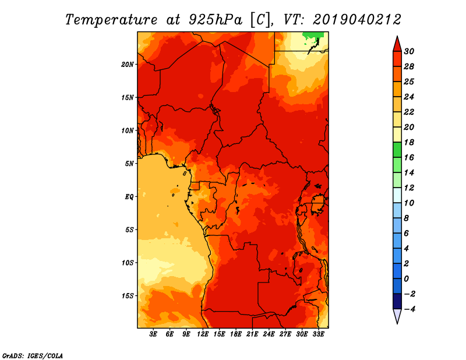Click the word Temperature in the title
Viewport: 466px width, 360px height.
[111, 20]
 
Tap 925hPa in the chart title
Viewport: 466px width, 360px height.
[215, 20]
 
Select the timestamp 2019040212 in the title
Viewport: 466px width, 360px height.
[357, 20]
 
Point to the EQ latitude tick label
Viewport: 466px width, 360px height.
[129, 197]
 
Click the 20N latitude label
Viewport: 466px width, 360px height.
[128, 65]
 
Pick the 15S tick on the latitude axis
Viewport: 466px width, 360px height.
[128, 296]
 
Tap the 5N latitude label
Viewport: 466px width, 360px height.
[129, 164]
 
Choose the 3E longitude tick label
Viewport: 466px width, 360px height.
[153, 334]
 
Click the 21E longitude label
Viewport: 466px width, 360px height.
[252, 334]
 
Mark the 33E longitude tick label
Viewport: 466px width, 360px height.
[318, 334]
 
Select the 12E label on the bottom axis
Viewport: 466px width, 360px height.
[203, 334]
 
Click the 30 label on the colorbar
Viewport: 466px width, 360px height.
[409, 51]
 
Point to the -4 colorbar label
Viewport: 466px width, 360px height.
[409, 309]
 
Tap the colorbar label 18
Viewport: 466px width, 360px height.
[409, 142]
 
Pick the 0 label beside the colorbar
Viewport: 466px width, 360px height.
[406, 279]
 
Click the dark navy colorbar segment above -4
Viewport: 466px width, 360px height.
[397, 301]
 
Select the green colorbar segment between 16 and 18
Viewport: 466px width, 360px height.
[397, 150]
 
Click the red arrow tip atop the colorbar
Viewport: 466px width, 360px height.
[397, 37]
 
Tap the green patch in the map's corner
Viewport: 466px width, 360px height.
[312, 37]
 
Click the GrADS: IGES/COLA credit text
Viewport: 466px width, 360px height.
[33, 356]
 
